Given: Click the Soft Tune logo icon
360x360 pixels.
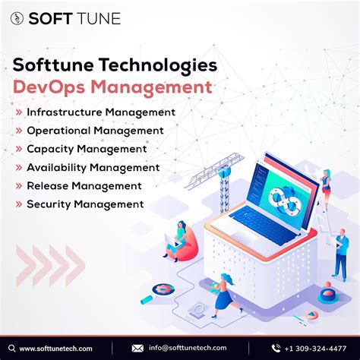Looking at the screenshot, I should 17,18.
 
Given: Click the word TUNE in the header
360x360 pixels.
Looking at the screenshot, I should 97,18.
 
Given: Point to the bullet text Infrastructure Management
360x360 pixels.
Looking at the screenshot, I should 101,112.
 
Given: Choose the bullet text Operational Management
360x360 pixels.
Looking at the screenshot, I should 95,131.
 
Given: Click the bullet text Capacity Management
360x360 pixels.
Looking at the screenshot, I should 87,149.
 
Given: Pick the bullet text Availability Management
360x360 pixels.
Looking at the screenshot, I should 93,167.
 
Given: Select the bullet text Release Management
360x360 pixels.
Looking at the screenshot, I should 84,185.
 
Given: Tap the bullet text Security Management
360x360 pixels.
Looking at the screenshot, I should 85,204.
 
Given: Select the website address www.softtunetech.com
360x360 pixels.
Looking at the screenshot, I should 55,348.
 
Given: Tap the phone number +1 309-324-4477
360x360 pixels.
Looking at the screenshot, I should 315,348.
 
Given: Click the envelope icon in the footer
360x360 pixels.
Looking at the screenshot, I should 137,348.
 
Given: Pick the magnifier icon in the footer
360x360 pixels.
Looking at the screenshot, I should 12,348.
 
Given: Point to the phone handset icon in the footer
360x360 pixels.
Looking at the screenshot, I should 276,348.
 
